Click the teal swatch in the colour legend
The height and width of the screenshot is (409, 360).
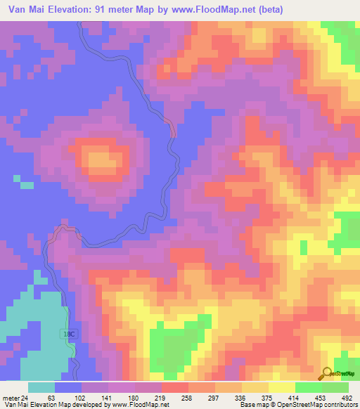41,387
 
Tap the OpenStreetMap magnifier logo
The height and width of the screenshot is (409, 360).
328,373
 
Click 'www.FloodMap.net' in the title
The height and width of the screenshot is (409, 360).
210,10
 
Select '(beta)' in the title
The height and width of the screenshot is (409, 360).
270,10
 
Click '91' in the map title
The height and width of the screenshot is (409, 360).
110,10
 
